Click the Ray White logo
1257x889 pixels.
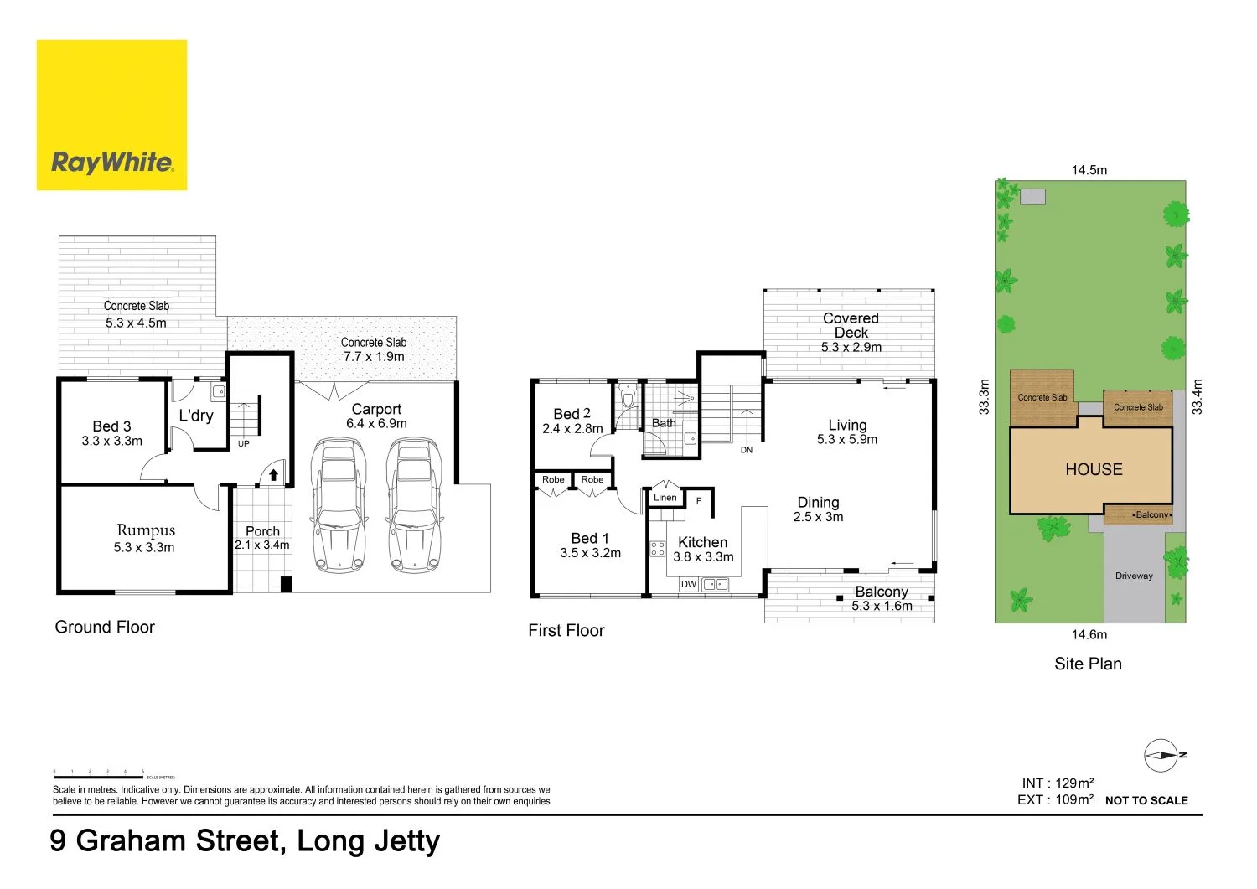click(x=111, y=116)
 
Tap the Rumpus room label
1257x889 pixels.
click(x=146, y=530)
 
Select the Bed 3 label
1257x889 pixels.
click(x=111, y=426)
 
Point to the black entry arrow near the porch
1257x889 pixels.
click(x=273, y=475)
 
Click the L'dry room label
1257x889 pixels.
click(x=196, y=416)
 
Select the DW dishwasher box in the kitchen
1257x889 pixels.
click(x=689, y=584)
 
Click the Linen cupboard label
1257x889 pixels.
click(x=665, y=498)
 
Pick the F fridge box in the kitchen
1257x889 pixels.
click(x=699, y=501)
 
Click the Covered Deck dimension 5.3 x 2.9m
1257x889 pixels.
click(x=851, y=347)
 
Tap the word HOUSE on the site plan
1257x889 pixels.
click(x=1094, y=470)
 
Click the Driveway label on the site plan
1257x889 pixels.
click(x=1134, y=576)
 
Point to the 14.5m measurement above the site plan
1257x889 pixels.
click(x=1089, y=170)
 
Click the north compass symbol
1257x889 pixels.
click(x=1161, y=755)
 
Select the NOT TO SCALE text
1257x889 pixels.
click(x=1146, y=800)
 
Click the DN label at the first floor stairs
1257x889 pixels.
click(x=746, y=450)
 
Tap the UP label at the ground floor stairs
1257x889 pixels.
click(x=243, y=443)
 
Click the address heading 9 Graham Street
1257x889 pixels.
click(x=245, y=840)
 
